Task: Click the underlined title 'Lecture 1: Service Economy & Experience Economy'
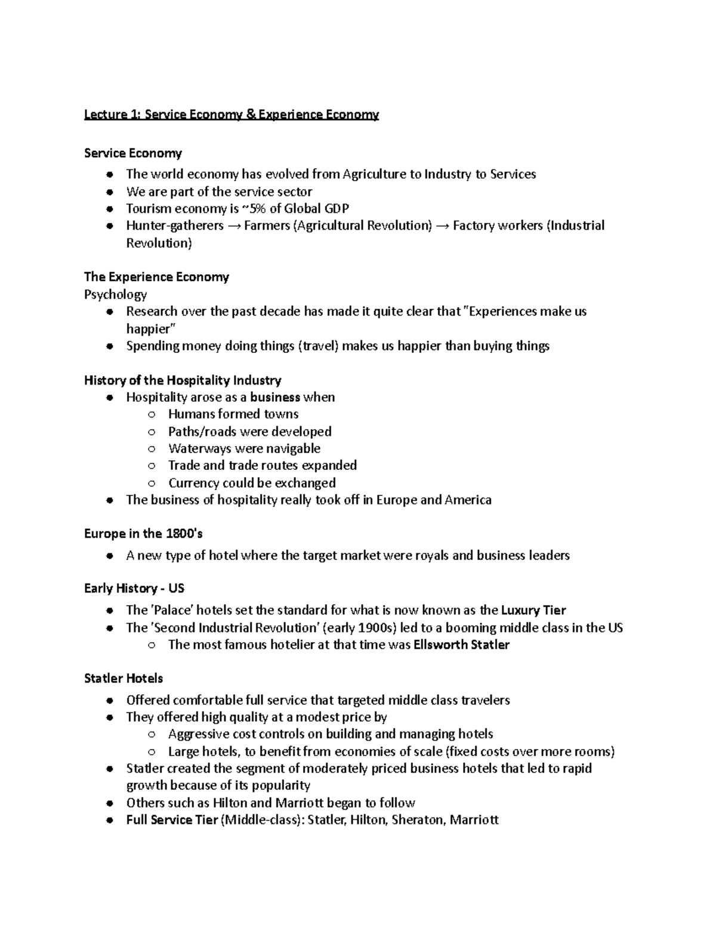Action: coord(232,114)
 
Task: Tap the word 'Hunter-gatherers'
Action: coord(175,226)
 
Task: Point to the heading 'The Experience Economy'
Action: coord(156,277)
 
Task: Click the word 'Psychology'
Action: coord(115,295)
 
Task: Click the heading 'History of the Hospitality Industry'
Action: coord(183,380)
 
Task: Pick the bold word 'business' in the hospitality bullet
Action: coord(275,398)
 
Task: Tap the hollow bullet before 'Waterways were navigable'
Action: coord(153,449)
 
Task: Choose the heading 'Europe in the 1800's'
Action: coord(143,534)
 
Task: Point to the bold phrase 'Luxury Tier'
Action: coord(533,611)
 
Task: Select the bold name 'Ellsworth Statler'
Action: coord(461,645)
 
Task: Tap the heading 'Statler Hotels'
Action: coord(124,679)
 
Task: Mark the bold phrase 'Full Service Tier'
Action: coord(172,820)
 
